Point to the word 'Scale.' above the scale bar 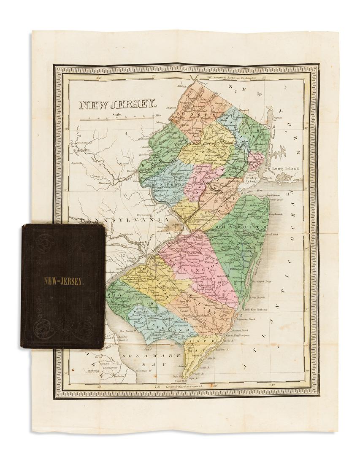click(x=117, y=114)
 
